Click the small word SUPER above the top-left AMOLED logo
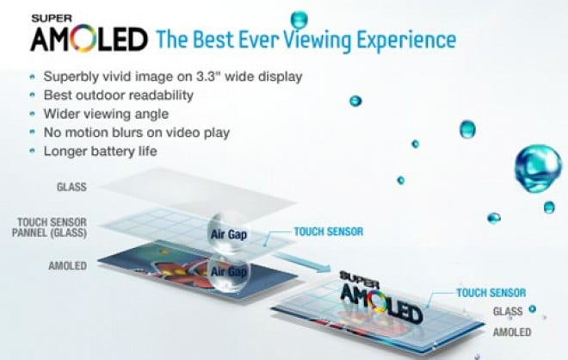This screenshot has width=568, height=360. (x=52, y=18)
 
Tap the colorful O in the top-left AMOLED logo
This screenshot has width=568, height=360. (x=83, y=39)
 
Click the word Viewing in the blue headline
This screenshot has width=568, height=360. (x=317, y=40)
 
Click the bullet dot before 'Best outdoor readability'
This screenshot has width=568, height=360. (x=33, y=95)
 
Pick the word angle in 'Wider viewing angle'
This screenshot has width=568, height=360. (x=151, y=115)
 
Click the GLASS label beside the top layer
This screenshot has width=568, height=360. (x=71, y=187)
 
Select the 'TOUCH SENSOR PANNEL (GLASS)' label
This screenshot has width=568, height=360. (x=50, y=227)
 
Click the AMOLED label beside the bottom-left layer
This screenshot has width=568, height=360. (x=68, y=266)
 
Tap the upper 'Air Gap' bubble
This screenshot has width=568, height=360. (x=229, y=233)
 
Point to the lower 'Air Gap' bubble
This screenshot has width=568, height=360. (x=229, y=272)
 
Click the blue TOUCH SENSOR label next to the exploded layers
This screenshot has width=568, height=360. (x=329, y=232)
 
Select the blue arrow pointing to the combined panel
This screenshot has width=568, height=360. (x=302, y=262)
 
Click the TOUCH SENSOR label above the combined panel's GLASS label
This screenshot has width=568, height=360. (x=491, y=293)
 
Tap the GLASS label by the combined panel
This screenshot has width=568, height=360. (x=508, y=312)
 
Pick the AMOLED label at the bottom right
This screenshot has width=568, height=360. (x=512, y=332)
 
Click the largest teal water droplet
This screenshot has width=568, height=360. (x=538, y=168)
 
